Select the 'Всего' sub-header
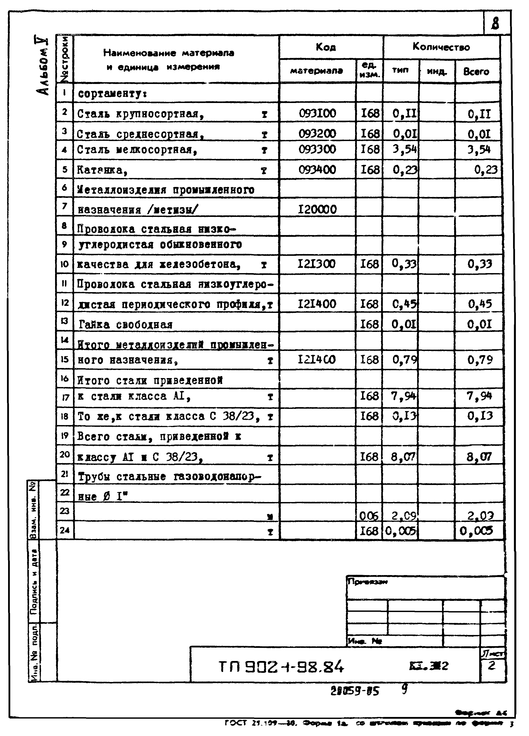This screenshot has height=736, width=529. click(476, 72)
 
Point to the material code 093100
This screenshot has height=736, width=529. click(317, 113)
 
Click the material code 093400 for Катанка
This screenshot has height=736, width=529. click(317, 169)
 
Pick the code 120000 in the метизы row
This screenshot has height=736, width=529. click(317, 209)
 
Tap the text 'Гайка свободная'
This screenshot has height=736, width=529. click(125, 324)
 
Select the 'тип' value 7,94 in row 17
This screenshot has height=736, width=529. click(404, 396)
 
